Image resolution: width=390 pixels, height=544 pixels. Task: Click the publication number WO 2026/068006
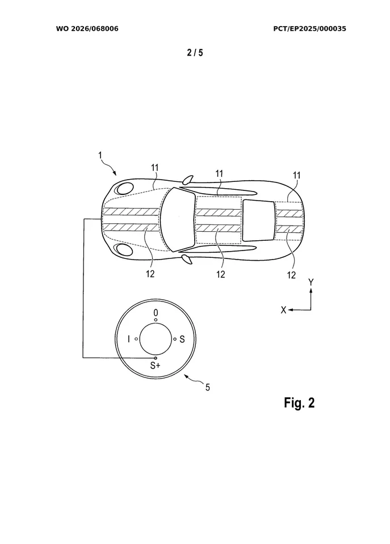tap(87, 28)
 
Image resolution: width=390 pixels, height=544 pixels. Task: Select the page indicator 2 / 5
tap(195, 53)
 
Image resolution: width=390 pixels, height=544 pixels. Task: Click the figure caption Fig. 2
tap(299, 403)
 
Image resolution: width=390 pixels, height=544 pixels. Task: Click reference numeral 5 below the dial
tap(207, 388)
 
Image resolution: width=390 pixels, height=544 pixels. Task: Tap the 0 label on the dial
tap(156, 312)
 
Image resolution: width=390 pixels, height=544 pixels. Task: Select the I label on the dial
tap(129, 339)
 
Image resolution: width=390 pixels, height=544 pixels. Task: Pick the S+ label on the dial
tap(155, 366)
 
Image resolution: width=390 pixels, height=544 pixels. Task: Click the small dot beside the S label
tap(175, 339)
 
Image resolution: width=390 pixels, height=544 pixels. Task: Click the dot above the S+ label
tap(156, 358)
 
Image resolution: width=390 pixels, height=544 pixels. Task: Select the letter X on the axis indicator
tap(282, 309)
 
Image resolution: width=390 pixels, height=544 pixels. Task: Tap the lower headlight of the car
tap(123, 250)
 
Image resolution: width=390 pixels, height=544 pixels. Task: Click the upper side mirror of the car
tap(186, 180)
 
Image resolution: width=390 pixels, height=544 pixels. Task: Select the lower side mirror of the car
tap(186, 260)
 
